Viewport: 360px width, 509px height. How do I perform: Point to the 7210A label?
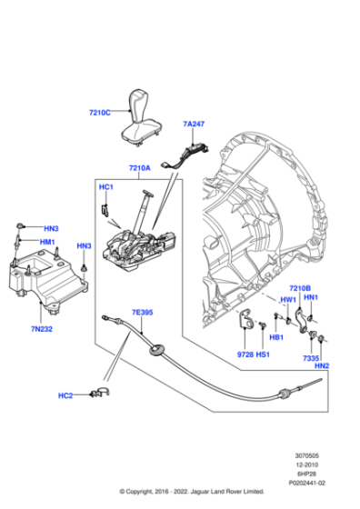click(140, 168)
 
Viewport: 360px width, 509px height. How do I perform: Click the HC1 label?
click(105, 186)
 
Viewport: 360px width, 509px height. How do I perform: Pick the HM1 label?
click(48, 243)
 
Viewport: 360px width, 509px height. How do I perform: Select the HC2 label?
click(65, 395)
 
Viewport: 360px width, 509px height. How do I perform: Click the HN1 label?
click(311, 299)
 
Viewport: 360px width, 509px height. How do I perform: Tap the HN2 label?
click(321, 365)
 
